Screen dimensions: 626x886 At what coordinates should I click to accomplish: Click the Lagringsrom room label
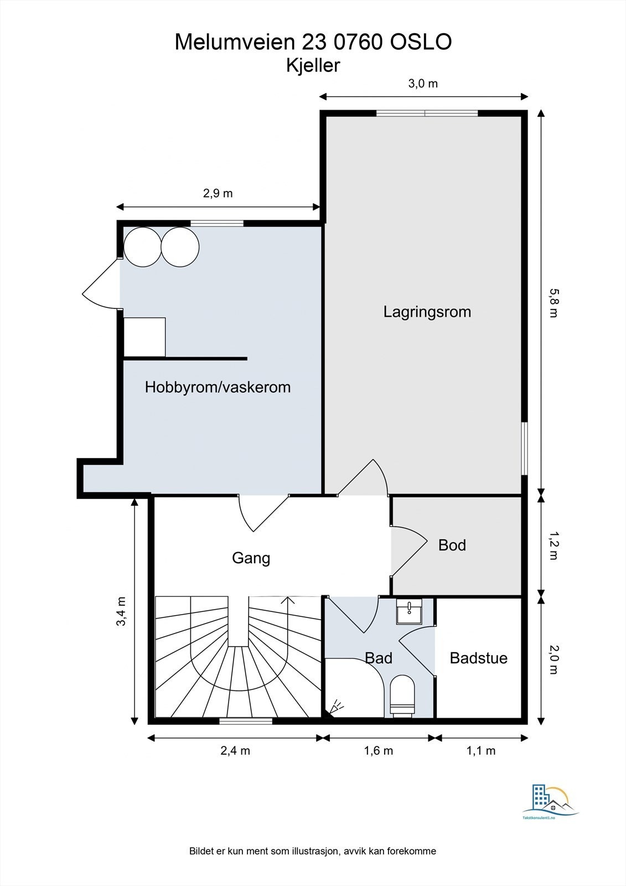pos(427,312)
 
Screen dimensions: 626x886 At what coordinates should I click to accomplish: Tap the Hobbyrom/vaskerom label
pos(218,387)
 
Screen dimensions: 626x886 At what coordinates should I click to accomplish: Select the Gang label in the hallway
pos(251,559)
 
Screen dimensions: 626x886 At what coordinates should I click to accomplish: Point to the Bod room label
pos(452,545)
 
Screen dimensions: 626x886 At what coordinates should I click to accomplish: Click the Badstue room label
pos(479,658)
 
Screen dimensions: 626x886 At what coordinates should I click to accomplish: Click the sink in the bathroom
pos(409,611)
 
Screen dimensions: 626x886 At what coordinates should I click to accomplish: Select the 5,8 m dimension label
pos(553,303)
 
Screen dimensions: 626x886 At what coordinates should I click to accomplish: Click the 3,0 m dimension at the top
pos(423,84)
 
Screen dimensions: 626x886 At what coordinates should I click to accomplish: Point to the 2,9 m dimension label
pos(218,193)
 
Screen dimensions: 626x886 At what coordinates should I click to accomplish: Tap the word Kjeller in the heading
pos(313,66)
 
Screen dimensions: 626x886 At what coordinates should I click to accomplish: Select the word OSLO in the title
pos(421,42)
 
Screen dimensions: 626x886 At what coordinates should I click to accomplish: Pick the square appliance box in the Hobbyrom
pos(144,337)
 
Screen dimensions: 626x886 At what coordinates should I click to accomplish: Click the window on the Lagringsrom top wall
pos(427,114)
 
